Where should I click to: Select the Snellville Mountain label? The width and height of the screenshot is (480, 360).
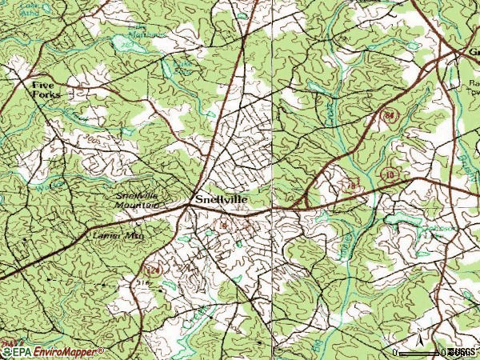tap(137, 201)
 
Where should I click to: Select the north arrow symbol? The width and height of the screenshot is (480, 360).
tap(419, 335)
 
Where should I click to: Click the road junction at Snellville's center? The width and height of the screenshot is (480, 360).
tap(188, 206)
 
